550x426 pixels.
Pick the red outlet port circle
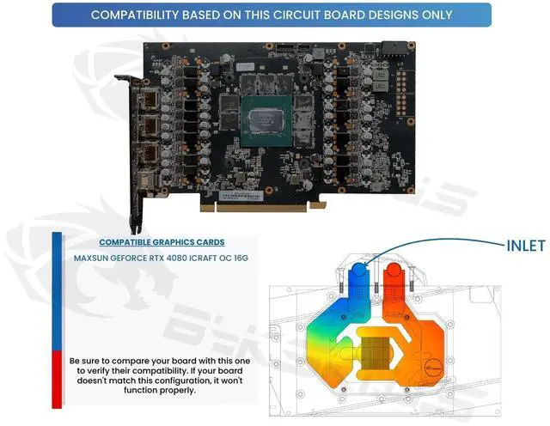[x=396, y=272]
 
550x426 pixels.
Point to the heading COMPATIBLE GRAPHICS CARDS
[x=162, y=241]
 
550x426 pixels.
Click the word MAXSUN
[x=94, y=258]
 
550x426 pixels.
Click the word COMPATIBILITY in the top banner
[x=141, y=15]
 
